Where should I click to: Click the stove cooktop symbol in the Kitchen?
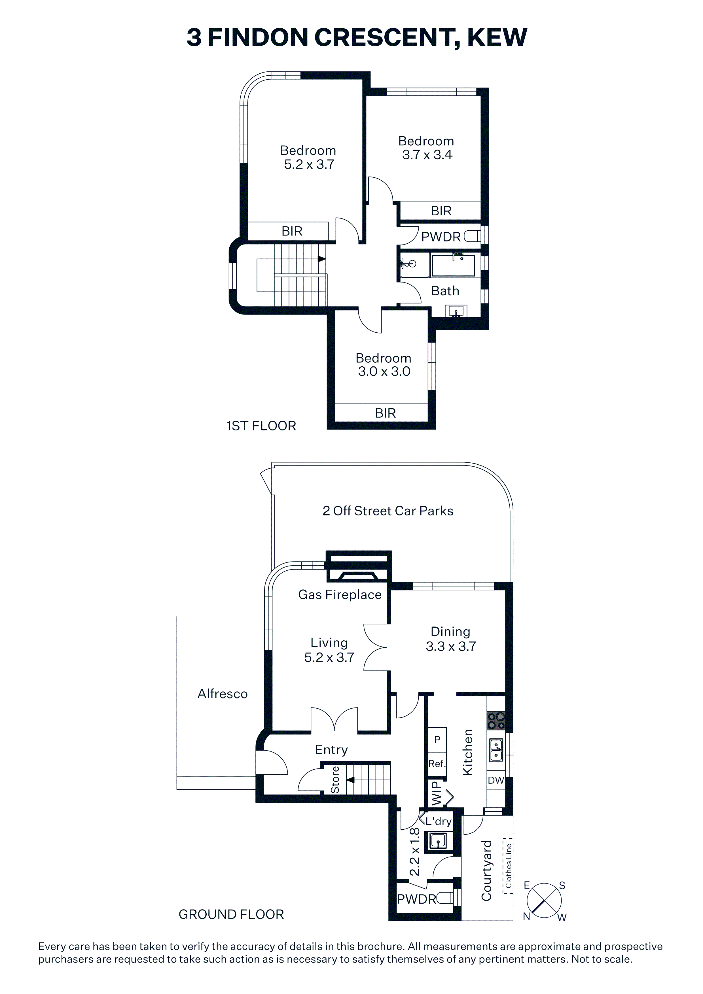coord(496,720)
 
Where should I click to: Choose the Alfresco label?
coord(223,694)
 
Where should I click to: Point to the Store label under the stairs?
coord(335,780)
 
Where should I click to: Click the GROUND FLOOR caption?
coord(231,914)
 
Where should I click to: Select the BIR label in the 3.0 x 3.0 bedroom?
coord(386,413)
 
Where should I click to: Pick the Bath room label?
coord(445,291)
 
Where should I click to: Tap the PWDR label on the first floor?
coord(441,237)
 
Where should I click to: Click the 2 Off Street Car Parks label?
coord(388,511)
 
